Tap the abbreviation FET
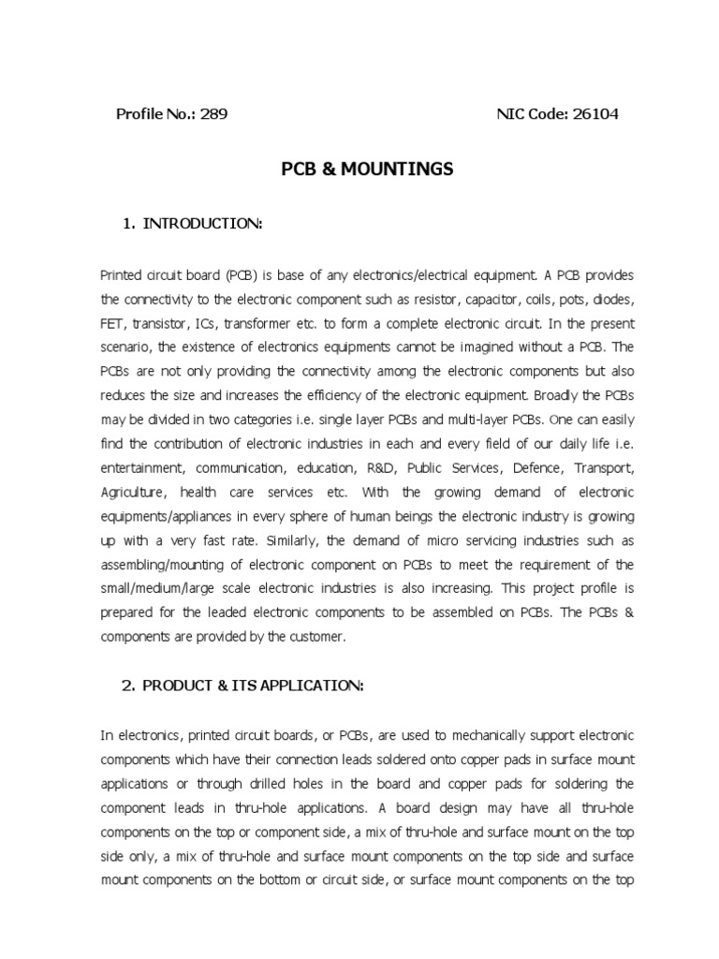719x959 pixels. (x=113, y=324)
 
